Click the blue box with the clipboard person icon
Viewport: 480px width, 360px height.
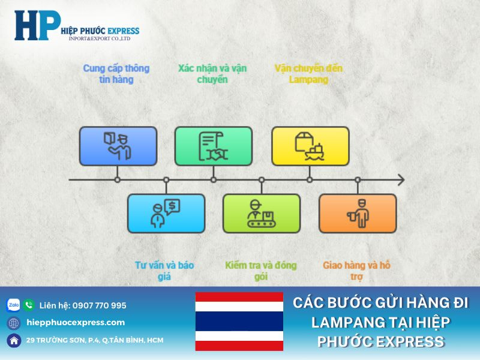point(118,146)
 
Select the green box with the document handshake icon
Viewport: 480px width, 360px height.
point(214,146)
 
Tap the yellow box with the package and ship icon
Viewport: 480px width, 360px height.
point(310,146)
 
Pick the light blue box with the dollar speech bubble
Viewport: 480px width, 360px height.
point(166,213)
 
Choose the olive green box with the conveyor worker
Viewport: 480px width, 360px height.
point(262,213)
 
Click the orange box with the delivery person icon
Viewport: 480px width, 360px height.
point(358,213)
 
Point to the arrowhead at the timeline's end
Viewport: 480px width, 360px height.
point(400,179)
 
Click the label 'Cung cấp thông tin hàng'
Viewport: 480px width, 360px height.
point(116,74)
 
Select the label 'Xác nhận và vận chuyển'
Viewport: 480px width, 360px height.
point(212,74)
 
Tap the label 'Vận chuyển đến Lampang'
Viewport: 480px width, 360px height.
point(308,74)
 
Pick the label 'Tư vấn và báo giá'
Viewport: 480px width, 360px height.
point(164,271)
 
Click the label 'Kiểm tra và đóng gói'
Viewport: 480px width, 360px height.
point(260,271)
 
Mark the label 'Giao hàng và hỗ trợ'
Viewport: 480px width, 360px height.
point(356,271)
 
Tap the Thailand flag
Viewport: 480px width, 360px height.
point(239,321)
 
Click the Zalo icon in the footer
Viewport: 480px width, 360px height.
point(13,305)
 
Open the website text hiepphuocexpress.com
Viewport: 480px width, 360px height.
point(76,322)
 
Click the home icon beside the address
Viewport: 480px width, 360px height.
point(13,340)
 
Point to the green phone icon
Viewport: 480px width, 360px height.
point(29,305)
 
